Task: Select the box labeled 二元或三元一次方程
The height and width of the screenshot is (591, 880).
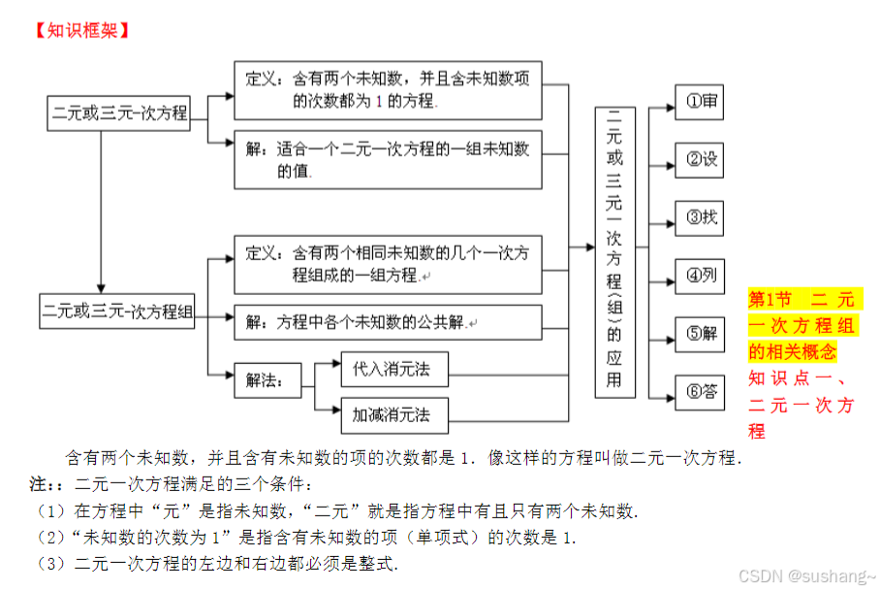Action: tap(119, 114)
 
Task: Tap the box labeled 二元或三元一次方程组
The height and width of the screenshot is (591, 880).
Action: tap(117, 312)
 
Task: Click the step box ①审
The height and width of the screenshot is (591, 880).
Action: tap(699, 100)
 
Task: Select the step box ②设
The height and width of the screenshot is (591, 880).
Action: tap(699, 159)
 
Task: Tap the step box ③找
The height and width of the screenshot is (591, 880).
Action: tap(699, 217)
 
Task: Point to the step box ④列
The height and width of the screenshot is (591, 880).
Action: tap(699, 276)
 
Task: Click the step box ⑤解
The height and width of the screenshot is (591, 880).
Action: tap(699, 334)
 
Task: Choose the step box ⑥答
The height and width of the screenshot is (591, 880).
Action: tap(699, 392)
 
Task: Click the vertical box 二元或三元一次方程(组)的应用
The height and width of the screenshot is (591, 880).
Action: tap(614, 251)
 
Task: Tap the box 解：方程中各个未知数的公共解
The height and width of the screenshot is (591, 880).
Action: tap(388, 322)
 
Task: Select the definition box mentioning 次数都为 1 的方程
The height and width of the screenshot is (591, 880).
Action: tap(388, 89)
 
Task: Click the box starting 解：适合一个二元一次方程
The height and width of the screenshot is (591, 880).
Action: tap(388, 159)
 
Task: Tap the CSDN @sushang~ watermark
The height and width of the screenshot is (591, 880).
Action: tap(805, 575)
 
